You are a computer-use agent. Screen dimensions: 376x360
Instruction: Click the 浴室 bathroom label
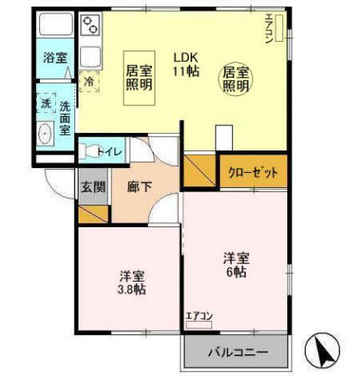[55, 58]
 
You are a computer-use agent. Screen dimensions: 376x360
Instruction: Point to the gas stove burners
[90, 27]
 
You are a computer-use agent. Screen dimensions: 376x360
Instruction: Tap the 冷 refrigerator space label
[89, 83]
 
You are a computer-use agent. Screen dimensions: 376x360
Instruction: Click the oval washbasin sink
[46, 132]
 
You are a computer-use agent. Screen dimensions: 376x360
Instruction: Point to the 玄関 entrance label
[93, 186]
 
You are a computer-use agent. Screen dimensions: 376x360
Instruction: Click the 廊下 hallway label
[139, 186]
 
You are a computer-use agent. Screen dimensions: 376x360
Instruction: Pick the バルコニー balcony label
[238, 353]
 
